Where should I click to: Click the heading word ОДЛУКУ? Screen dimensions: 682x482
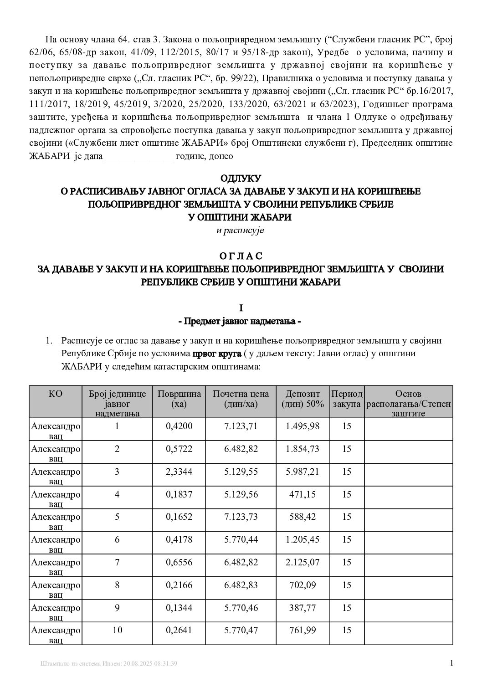[241, 178]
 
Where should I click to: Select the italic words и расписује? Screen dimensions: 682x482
[240, 231]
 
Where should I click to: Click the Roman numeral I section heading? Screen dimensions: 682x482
[241, 308]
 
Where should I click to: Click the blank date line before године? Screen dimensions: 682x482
[139, 157]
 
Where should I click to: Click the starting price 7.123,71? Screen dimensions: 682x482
[241, 426]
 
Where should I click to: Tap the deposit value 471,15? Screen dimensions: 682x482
[303, 494]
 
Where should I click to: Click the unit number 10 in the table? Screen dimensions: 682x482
[117, 631]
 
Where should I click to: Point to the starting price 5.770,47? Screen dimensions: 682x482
[241, 631]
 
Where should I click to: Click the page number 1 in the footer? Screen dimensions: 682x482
[451, 663]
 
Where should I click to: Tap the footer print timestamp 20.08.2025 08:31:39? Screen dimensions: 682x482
[148, 664]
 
